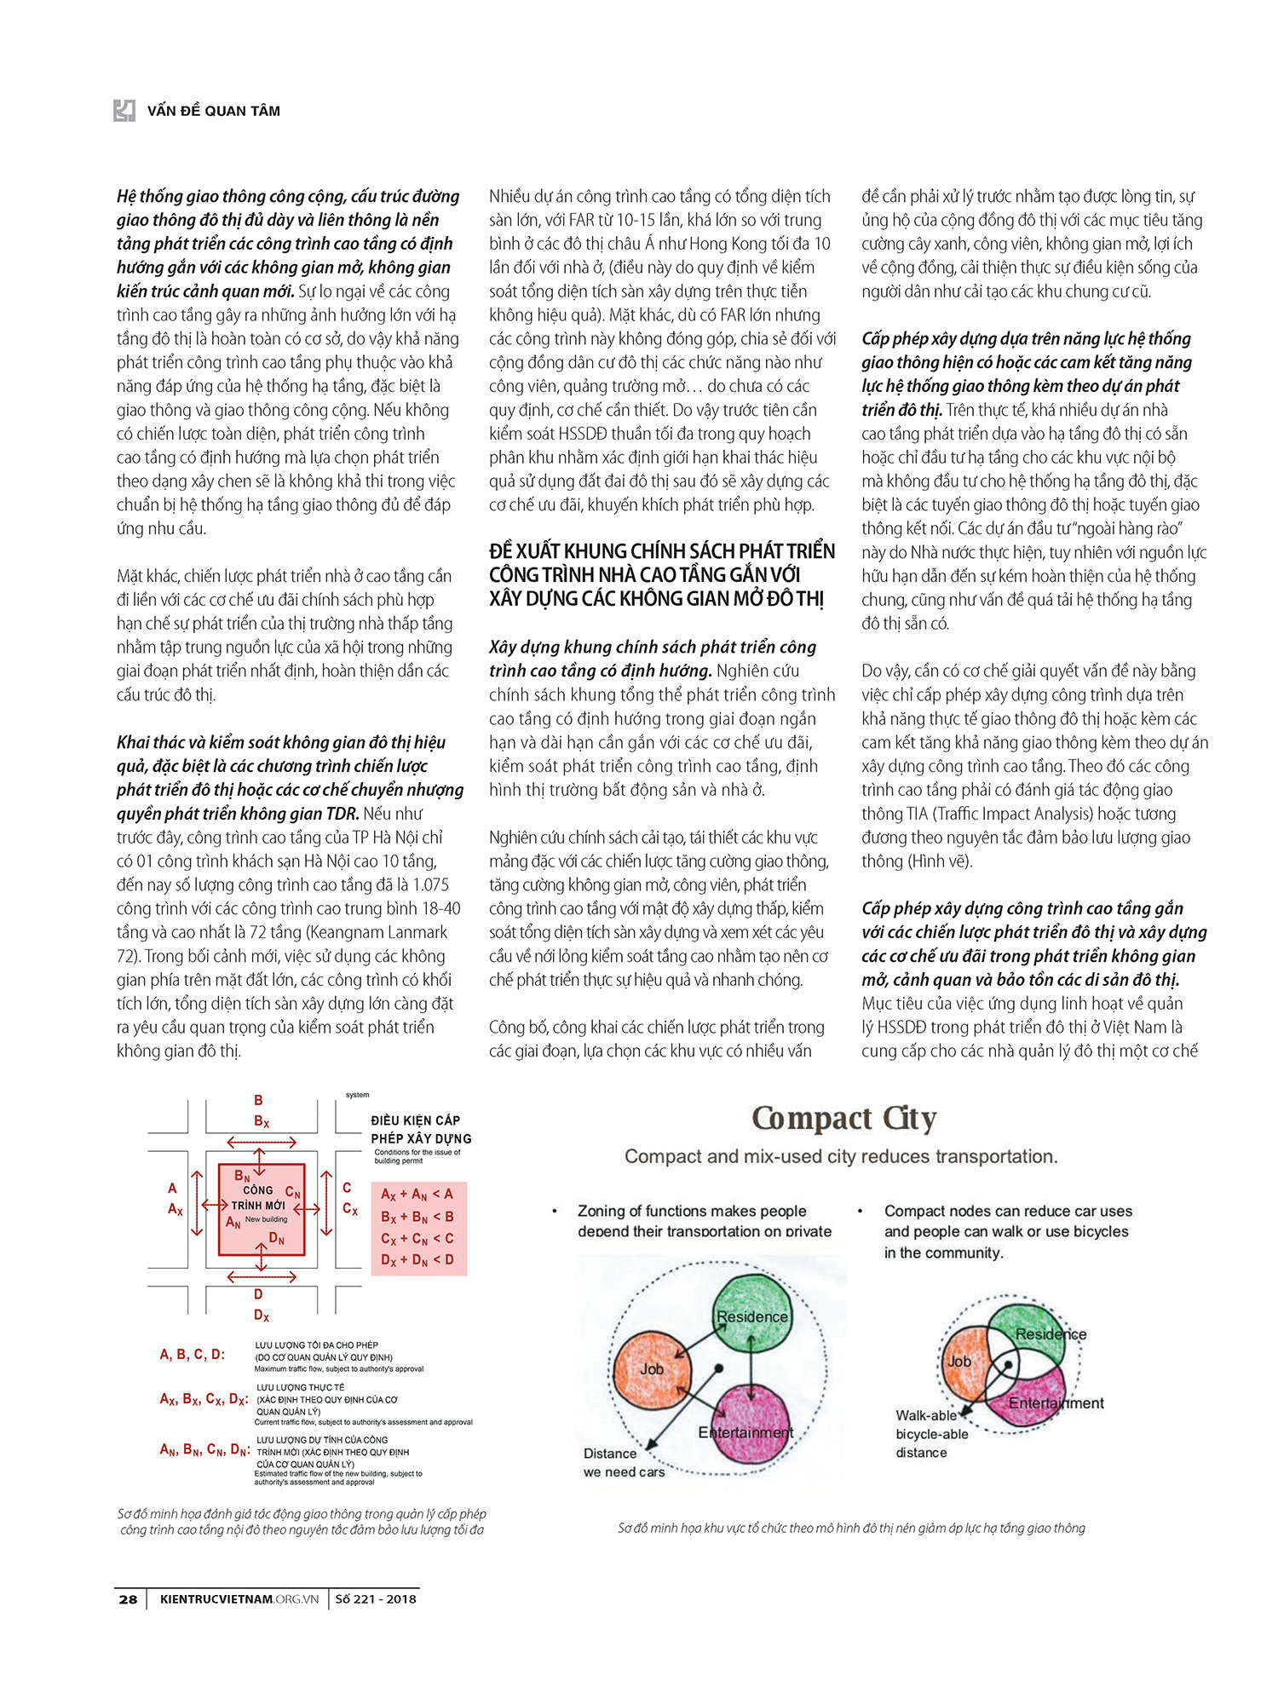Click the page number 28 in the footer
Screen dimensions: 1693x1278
click(128, 1599)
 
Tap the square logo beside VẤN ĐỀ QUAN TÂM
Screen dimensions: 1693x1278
click(124, 110)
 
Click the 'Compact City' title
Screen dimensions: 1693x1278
click(843, 1118)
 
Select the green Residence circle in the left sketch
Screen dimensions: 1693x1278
click(751, 1313)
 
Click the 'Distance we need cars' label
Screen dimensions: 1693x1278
click(623, 1462)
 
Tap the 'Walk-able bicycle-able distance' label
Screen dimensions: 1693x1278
click(931, 1434)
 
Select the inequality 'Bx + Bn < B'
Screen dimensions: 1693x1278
click(417, 1217)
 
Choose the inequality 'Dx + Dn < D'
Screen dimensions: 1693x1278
click(417, 1259)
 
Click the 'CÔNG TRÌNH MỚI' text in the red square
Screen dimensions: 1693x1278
click(258, 1198)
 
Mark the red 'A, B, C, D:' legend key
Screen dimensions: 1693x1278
click(193, 1354)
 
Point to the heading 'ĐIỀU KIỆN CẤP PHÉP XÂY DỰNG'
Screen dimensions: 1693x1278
click(421, 1129)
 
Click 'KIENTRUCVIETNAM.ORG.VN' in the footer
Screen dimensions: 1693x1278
click(239, 1599)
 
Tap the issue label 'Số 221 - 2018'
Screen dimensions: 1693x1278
click(375, 1599)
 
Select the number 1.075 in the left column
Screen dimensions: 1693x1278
click(430, 884)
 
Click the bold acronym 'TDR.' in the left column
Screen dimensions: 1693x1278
click(339, 814)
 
